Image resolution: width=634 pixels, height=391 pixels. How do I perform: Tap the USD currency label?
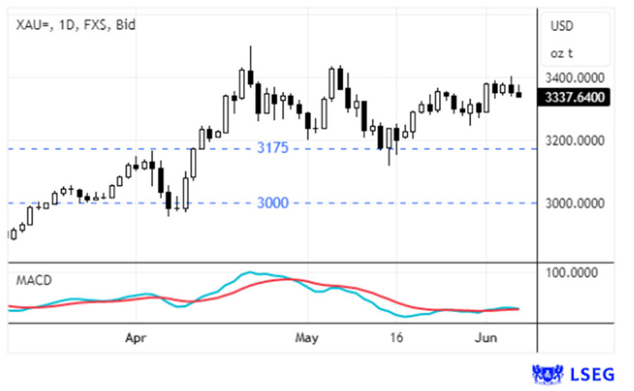coord(562,26)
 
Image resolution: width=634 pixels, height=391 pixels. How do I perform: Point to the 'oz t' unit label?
coord(561,54)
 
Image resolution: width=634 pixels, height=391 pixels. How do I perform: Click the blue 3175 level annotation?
coord(273,149)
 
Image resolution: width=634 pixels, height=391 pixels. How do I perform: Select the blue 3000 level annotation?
coord(273,204)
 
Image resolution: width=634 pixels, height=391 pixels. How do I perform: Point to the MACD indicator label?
coord(34,280)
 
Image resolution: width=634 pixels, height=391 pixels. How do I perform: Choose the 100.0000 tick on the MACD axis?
coord(576,273)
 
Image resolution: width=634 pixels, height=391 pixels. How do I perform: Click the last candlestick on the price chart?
coord(519,94)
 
